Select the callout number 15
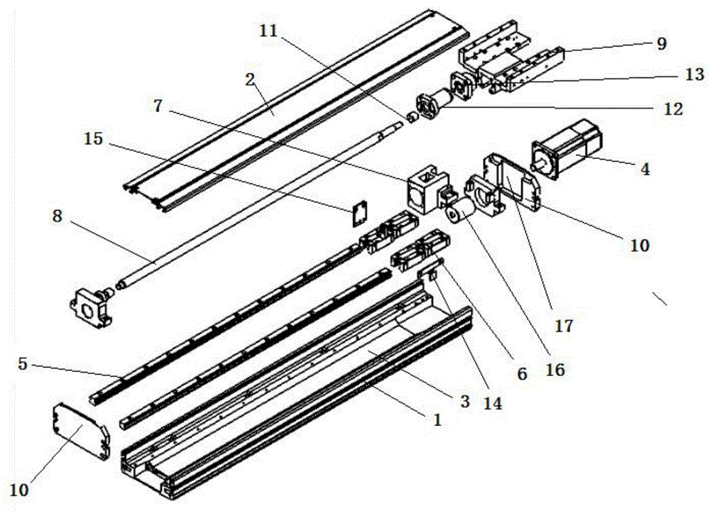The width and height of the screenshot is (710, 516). (x=94, y=139)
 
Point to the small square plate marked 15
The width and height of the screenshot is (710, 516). (x=359, y=213)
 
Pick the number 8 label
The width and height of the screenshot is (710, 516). (x=57, y=216)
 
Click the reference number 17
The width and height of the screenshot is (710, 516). (x=564, y=326)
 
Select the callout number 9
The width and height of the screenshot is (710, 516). (x=662, y=43)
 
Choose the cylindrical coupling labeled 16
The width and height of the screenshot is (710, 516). (x=459, y=212)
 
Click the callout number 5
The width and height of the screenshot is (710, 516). (x=23, y=363)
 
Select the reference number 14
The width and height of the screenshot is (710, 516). (x=493, y=403)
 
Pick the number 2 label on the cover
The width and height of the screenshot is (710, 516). (x=251, y=80)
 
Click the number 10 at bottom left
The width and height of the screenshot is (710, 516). (x=19, y=490)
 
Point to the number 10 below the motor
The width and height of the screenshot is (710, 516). (x=640, y=245)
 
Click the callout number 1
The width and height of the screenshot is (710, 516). (x=437, y=420)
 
